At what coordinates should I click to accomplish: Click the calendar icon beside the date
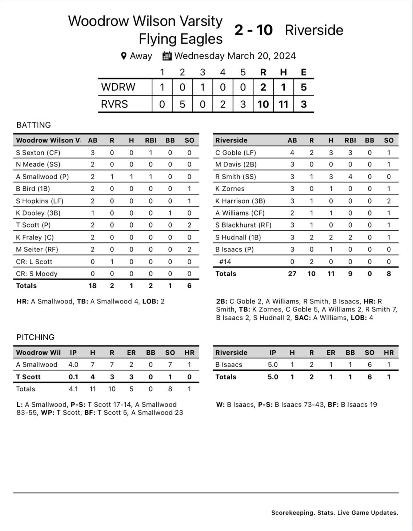pyautogui.click(x=167, y=56)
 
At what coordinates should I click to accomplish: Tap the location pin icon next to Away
pyautogui.click(x=124, y=56)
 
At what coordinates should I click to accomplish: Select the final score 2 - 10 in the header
pyautogui.click(x=253, y=30)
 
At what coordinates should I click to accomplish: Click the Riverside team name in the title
pyautogui.click(x=314, y=30)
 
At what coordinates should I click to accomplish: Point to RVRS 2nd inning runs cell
pyautogui.click(x=182, y=104)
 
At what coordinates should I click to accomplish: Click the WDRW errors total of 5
pyautogui.click(x=304, y=87)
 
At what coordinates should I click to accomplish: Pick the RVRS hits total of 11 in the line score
pyautogui.click(x=283, y=104)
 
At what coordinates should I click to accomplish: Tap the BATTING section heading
pyautogui.click(x=34, y=125)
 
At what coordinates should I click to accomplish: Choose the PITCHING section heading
pyautogui.click(x=36, y=337)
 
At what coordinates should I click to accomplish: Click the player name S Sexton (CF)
pyautogui.click(x=38, y=153)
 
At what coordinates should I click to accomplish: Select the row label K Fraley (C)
pyautogui.click(x=35, y=237)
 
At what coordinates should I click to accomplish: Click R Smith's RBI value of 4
pyautogui.click(x=350, y=177)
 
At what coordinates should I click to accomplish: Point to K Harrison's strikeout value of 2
pyautogui.click(x=389, y=201)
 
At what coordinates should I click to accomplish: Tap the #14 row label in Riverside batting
pyautogui.click(x=225, y=262)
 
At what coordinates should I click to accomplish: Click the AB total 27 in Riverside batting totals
pyautogui.click(x=292, y=274)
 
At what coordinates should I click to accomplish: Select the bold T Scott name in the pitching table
pyautogui.click(x=28, y=377)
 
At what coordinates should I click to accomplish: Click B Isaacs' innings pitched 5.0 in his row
pyautogui.click(x=273, y=365)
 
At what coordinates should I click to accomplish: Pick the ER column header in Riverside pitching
pyautogui.click(x=331, y=353)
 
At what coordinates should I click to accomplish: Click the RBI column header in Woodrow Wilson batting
pyautogui.click(x=151, y=140)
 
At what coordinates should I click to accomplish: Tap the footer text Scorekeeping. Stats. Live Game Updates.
pyautogui.click(x=334, y=513)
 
